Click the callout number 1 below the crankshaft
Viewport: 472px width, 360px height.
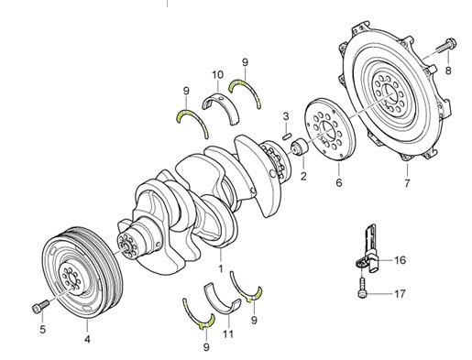pos(221,268)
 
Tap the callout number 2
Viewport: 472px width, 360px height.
pos(303,176)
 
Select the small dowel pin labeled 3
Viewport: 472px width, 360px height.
pos(287,136)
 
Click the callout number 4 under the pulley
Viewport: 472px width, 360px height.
pos(87,339)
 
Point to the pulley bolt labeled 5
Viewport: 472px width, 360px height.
pos(40,306)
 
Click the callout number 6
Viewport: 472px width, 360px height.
pos(339,182)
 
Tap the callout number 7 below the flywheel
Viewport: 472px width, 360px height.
pos(407,183)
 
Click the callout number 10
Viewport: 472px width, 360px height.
pos(218,75)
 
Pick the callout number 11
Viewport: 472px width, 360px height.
pos(228,333)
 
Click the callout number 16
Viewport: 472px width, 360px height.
pos(400,260)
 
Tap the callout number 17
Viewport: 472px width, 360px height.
pos(400,294)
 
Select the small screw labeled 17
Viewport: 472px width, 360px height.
pos(361,288)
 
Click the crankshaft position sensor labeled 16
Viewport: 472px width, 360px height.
pos(368,249)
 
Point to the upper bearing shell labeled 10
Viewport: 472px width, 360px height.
pos(221,108)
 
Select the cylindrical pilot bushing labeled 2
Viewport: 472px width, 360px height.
pos(299,147)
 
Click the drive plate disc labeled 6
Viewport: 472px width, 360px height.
pos(331,129)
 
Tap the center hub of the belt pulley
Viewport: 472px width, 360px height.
pos(71,278)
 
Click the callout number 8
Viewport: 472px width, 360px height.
pos(448,71)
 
